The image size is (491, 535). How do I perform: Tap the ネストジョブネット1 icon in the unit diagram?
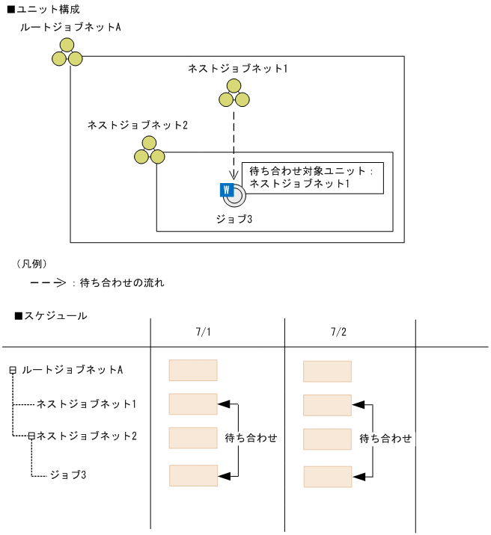(x=234, y=93)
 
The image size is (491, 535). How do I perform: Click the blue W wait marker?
(x=225, y=190)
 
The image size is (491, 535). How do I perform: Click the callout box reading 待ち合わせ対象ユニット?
(x=312, y=178)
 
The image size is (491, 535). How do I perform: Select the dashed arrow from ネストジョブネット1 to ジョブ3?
(x=234, y=142)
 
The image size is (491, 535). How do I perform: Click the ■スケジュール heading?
(x=51, y=316)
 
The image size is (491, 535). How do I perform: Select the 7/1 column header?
(x=204, y=331)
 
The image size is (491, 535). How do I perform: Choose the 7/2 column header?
(x=338, y=331)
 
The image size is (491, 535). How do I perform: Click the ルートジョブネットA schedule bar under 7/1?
(x=193, y=371)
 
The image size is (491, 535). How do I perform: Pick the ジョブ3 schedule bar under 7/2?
(x=327, y=477)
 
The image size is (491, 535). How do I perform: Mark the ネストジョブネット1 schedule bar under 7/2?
(x=327, y=405)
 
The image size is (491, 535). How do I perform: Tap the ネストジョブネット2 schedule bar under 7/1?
(x=193, y=438)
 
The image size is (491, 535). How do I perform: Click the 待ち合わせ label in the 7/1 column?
(x=250, y=439)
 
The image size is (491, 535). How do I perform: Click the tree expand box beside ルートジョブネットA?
(x=13, y=370)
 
